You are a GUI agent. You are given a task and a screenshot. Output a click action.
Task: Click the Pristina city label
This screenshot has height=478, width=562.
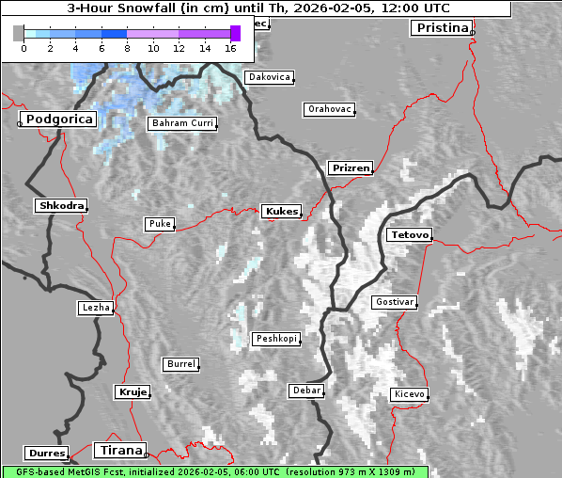pyautogui.click(x=441, y=27)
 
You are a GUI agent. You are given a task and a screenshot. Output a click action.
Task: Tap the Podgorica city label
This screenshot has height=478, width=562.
pyautogui.click(x=58, y=119)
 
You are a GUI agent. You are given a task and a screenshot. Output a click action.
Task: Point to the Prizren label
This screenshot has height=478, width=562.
pyautogui.click(x=351, y=168)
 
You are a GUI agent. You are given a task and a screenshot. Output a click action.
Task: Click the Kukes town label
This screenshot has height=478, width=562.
pyautogui.click(x=281, y=212)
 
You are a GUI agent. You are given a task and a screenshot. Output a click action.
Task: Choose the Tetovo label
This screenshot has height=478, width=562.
pyautogui.click(x=410, y=234)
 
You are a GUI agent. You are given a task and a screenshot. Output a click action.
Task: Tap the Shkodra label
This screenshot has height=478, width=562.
pyautogui.click(x=60, y=206)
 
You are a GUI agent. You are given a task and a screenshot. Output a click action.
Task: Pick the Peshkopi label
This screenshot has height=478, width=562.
pyautogui.click(x=275, y=339)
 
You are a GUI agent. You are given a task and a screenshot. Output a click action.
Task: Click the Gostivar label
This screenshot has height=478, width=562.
pyautogui.click(x=393, y=302)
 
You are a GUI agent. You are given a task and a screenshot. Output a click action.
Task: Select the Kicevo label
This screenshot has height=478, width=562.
pyautogui.click(x=410, y=393)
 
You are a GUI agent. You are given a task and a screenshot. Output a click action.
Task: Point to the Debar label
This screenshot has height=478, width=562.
pyautogui.click(x=306, y=390)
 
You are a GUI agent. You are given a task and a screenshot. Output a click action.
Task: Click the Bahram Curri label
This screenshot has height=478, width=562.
pyautogui.click(x=182, y=123)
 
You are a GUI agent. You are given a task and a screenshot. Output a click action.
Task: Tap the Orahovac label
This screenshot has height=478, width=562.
pyautogui.click(x=329, y=109)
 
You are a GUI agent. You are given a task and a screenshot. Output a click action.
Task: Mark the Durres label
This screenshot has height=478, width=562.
pyautogui.click(x=46, y=454)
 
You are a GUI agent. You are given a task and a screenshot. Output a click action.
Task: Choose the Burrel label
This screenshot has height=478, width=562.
pyautogui.click(x=180, y=363)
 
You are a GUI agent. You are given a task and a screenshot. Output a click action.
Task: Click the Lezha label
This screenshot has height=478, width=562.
pyautogui.click(x=96, y=308)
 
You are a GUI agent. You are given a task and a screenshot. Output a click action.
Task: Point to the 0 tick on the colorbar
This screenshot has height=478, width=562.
pyautogui.click(x=23, y=47)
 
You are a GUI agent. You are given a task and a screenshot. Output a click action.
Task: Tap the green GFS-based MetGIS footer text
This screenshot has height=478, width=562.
pyautogui.click(x=214, y=471)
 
